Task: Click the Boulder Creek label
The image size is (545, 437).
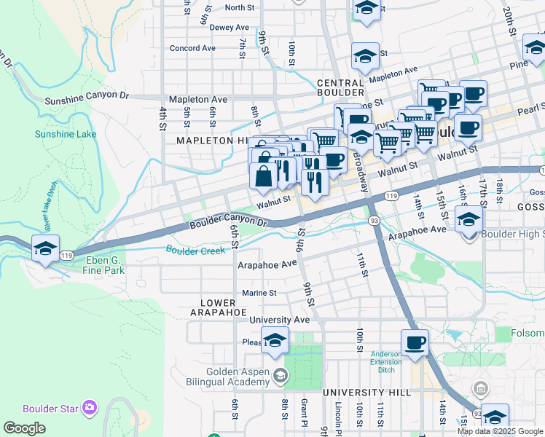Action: tap(195, 251)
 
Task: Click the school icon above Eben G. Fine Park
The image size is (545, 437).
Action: tap(45, 248)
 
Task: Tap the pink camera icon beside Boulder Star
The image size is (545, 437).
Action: tap(90, 408)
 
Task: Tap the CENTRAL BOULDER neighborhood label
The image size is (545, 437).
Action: tap(340, 87)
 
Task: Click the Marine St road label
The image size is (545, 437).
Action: tap(259, 293)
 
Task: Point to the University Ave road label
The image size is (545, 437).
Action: tap(280, 320)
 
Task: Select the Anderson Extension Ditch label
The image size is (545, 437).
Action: tap(385, 362)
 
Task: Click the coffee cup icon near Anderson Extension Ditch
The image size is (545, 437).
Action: tap(415, 342)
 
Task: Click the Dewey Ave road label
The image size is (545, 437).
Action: tap(230, 27)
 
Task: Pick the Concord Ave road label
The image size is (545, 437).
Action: tap(192, 48)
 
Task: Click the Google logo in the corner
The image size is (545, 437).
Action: tap(24, 428)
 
